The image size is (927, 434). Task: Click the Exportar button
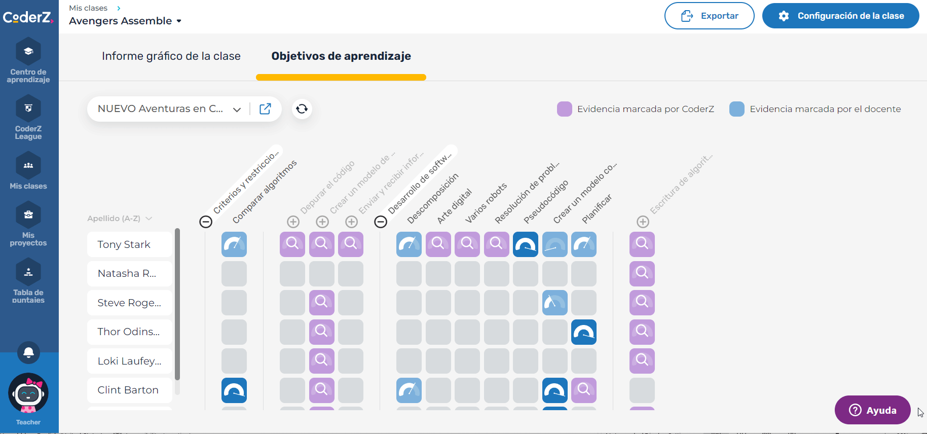[x=709, y=16]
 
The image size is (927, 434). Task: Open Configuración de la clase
[x=840, y=16]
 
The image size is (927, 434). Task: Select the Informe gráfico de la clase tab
[x=171, y=56]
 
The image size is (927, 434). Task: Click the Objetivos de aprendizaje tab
[x=341, y=56]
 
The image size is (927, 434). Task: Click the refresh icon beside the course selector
[x=302, y=109]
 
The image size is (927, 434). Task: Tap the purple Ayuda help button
[x=872, y=410]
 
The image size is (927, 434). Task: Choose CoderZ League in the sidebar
[x=28, y=118]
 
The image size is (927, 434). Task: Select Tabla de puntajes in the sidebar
[x=28, y=281]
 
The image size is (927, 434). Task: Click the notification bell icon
[x=28, y=352]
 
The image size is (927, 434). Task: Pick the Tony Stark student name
[x=124, y=244]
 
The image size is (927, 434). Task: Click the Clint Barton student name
[x=128, y=390]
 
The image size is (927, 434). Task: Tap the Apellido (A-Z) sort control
[x=120, y=219]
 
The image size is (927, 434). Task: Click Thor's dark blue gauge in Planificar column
[x=584, y=332]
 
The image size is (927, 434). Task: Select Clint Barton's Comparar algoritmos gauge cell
[x=234, y=390]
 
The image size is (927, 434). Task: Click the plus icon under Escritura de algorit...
[x=643, y=222]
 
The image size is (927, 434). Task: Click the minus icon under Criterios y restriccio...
[x=206, y=222]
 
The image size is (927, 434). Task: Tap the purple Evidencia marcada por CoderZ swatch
[x=564, y=109]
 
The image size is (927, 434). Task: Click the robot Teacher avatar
[x=28, y=394]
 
